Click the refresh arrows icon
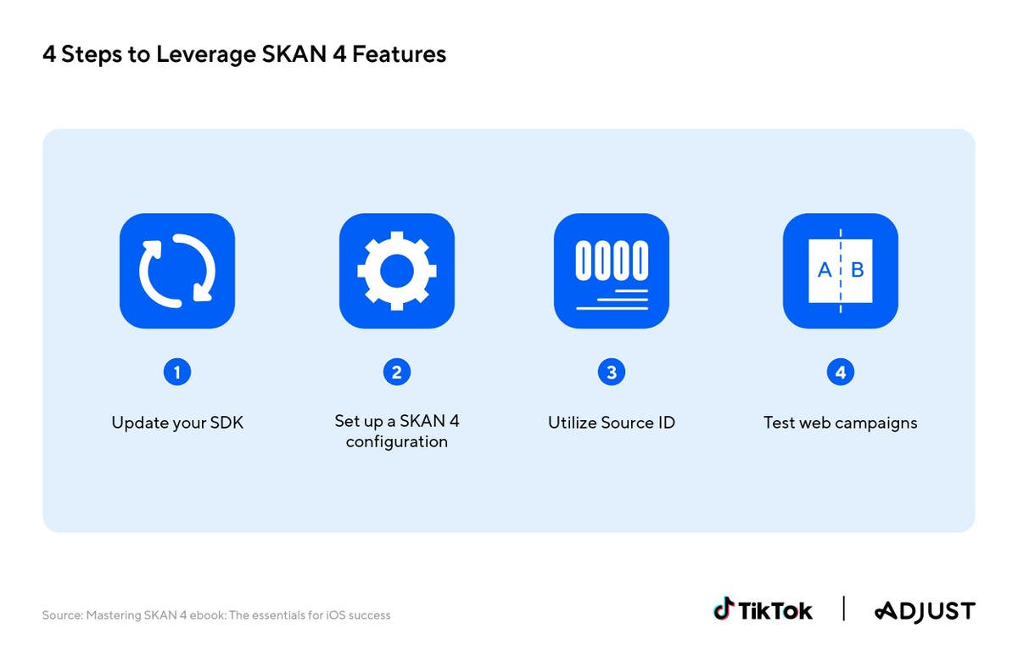[x=177, y=271]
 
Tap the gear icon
[x=397, y=271]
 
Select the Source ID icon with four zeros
[x=612, y=271]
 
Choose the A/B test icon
[x=841, y=271]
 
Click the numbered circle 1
[x=177, y=373]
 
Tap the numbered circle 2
[x=397, y=373]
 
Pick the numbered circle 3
[x=612, y=373]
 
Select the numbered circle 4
[x=841, y=373]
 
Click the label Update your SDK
[x=177, y=423]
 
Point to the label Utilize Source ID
[x=612, y=423]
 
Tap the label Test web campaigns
[x=841, y=424]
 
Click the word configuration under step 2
[x=397, y=442]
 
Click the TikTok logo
[x=763, y=609]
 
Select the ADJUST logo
[x=925, y=611]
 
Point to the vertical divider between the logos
[x=843, y=609]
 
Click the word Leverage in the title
[x=206, y=54]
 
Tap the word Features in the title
[x=399, y=53]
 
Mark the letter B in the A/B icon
[x=857, y=270]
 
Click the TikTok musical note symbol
[x=724, y=609]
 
